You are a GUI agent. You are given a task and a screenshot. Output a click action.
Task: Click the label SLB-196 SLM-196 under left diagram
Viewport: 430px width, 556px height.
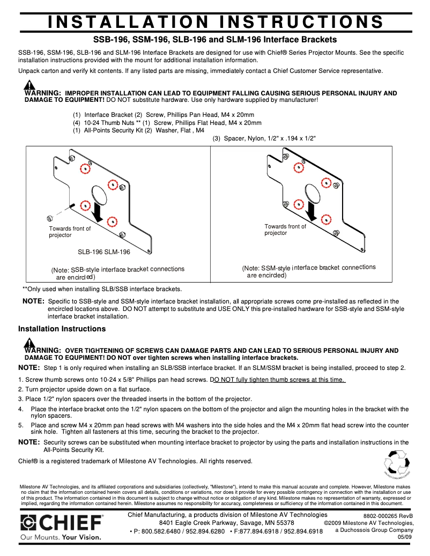point(103,251)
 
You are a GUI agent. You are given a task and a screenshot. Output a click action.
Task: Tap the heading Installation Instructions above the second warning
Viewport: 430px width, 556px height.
point(62,329)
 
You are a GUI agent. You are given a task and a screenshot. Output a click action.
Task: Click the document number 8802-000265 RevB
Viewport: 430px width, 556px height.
point(388,516)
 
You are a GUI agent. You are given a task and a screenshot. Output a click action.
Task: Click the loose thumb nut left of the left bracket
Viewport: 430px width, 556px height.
point(50,217)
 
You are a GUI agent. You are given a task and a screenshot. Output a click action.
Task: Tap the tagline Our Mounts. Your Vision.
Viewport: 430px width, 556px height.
point(61,536)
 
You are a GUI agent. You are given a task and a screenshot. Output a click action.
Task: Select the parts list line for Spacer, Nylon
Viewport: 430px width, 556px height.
point(264,138)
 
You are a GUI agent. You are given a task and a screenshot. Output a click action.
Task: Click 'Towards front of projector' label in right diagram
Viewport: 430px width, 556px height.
point(285,229)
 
